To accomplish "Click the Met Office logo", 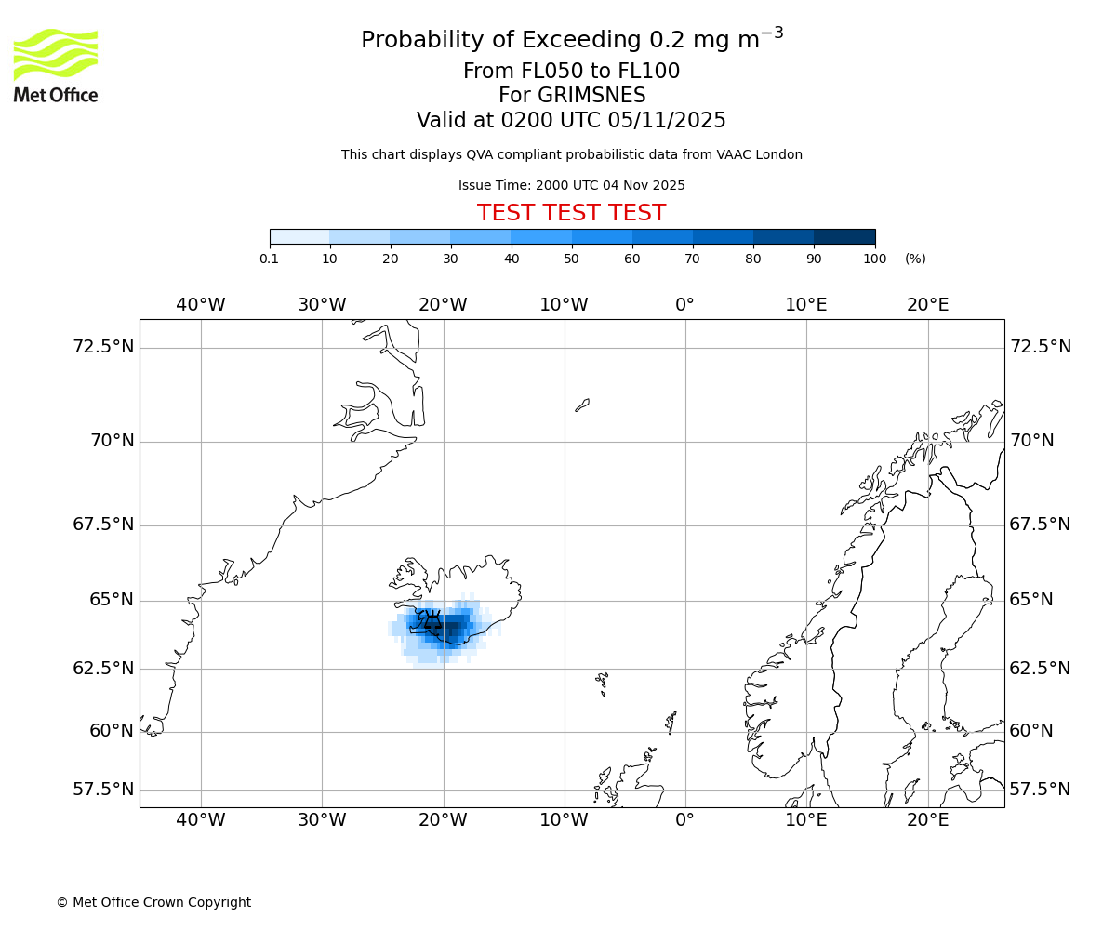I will pos(56,65).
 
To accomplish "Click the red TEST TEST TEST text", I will pos(571,213).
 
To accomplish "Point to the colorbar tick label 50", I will pos(572,259).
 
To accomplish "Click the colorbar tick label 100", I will pos(874,259).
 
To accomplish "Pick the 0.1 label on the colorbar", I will pos(270,259).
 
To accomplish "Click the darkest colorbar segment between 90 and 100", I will pos(844,236).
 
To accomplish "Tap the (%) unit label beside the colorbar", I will pos(915,259).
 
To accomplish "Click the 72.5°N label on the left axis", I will pos(103,347).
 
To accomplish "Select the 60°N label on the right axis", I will pos(1031,731).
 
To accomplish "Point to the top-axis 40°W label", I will pos(201,304).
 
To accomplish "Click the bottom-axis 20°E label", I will pos(927,819).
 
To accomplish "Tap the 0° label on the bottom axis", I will pos(685,819).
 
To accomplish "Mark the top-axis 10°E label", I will pos(806,304).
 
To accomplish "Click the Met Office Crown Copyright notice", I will pos(153,902).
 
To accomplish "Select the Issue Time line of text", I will pos(571,185).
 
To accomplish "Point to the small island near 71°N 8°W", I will pos(582,405).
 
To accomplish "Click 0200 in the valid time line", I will pos(527,120).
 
